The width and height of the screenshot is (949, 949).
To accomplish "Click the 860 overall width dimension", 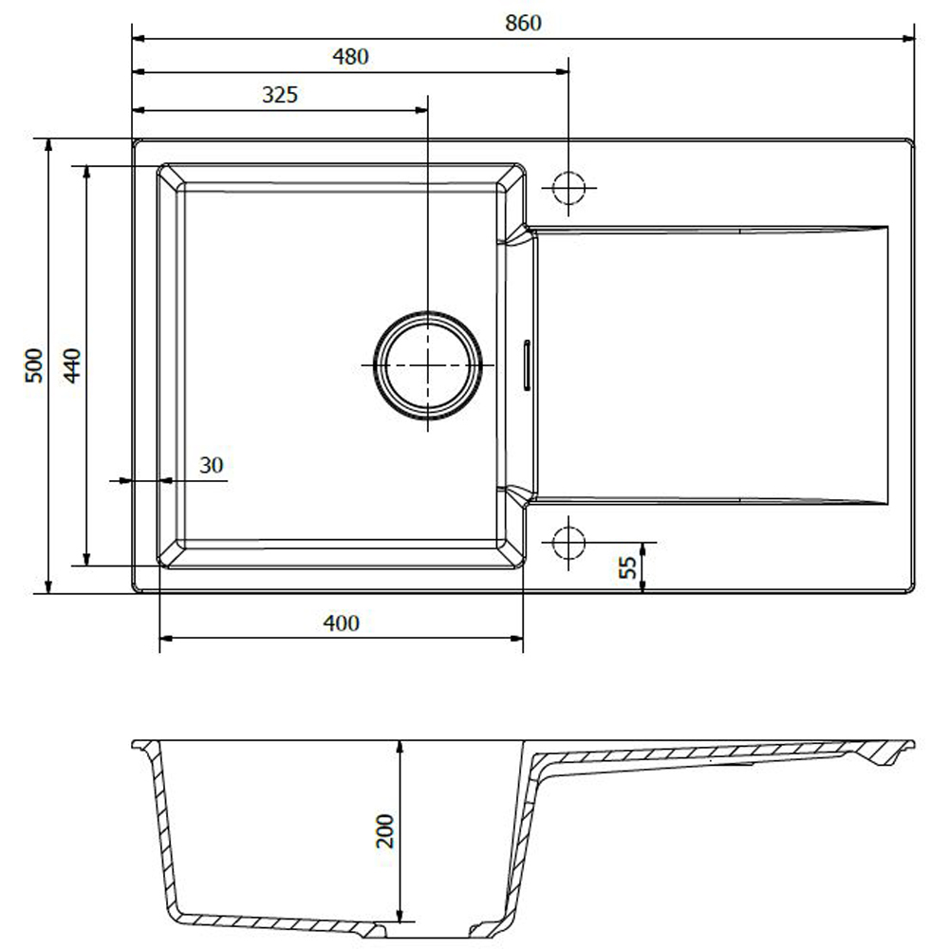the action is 523,23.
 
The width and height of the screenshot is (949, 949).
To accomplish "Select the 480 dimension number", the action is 350,57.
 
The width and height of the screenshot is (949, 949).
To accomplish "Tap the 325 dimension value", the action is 280,95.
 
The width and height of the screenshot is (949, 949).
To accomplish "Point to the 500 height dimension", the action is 34,365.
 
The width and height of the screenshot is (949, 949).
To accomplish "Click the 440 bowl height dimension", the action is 72,365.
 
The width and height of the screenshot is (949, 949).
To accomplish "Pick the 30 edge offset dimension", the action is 212,465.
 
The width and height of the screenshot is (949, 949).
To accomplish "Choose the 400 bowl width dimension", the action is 342,623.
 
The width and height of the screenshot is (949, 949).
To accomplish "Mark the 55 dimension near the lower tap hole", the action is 628,568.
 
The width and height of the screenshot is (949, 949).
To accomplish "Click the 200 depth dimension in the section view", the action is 385,831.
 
